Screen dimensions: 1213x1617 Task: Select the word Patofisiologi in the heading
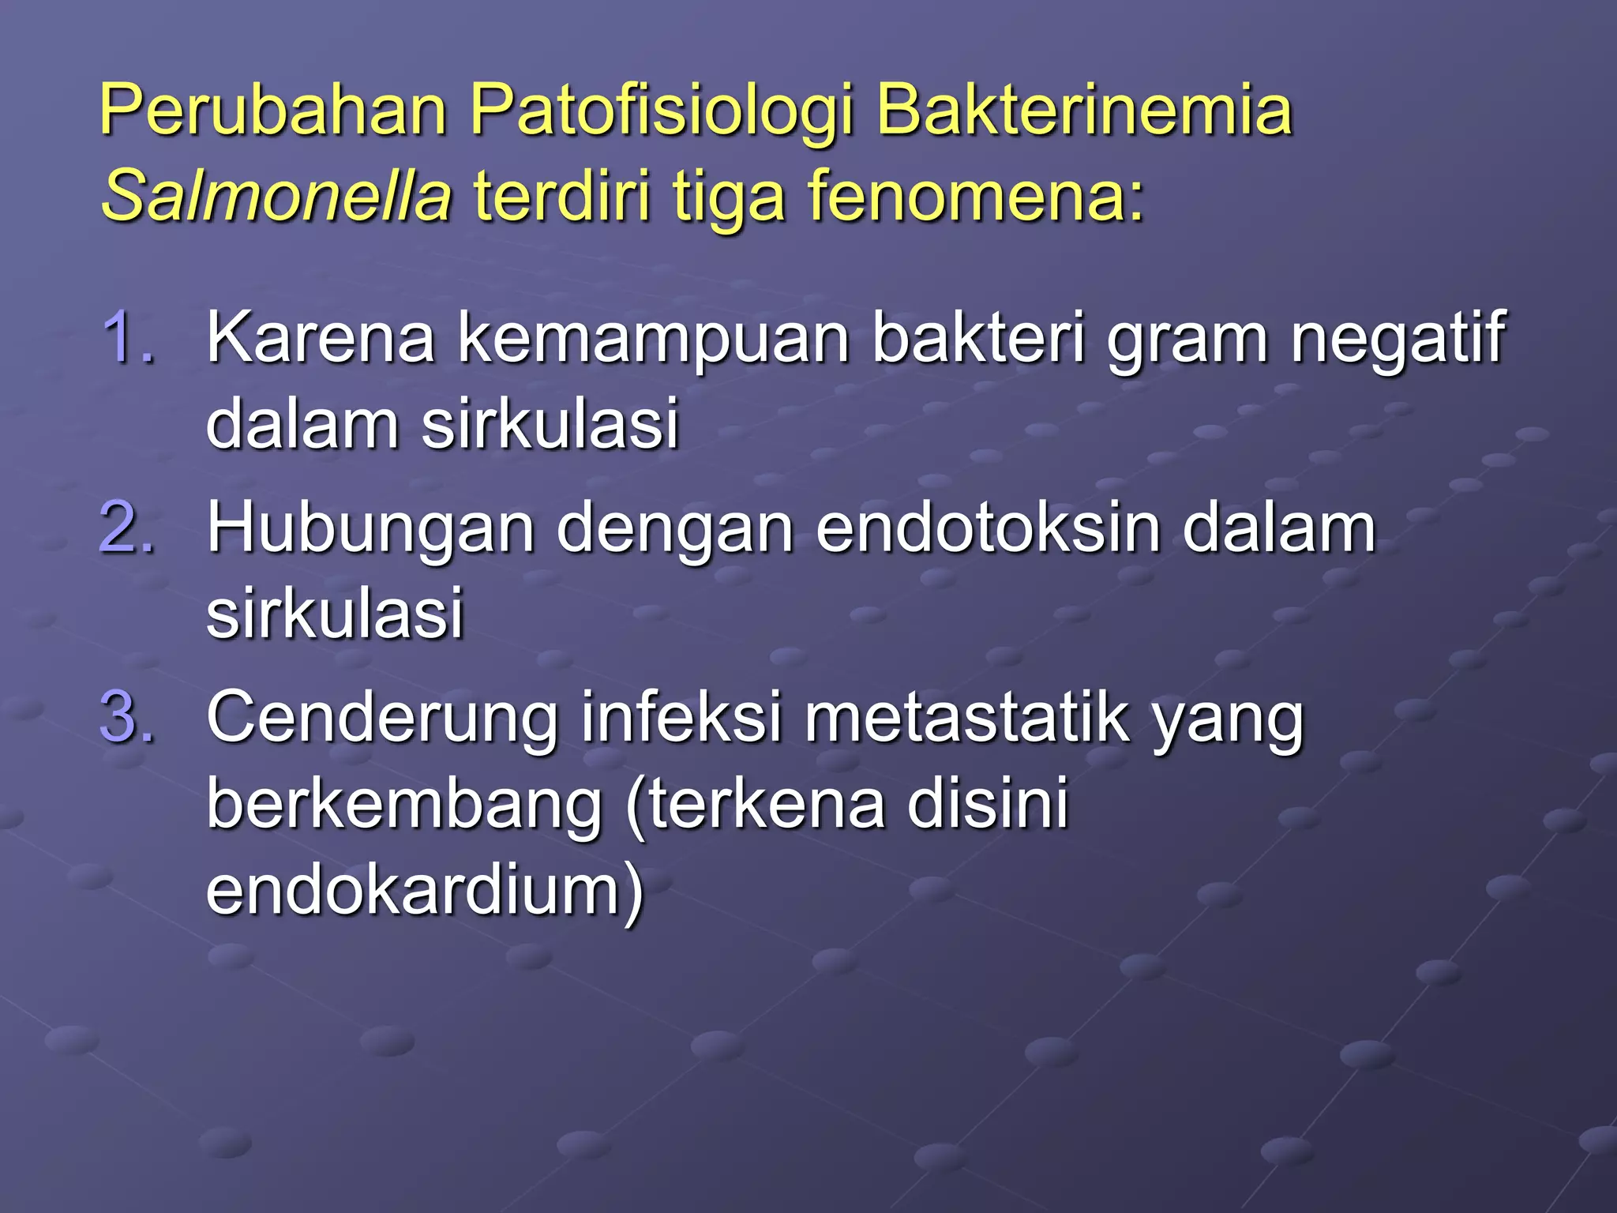(662, 111)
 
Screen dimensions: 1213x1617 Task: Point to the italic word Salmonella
(276, 196)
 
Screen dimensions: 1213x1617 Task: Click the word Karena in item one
(321, 338)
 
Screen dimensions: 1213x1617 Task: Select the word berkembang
(404, 804)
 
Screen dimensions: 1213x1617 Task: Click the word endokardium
(425, 891)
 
